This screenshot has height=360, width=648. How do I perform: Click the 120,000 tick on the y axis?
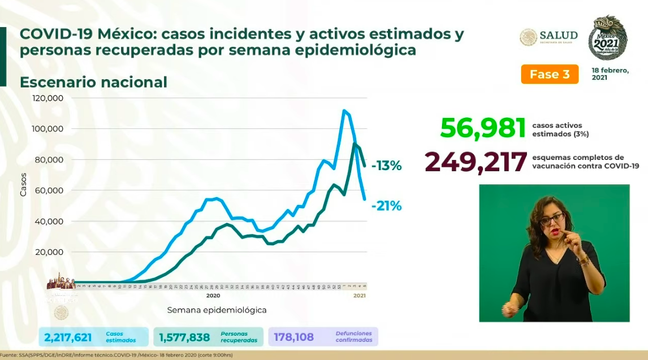click(x=48, y=98)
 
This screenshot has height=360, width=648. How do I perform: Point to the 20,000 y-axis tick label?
click(x=50, y=252)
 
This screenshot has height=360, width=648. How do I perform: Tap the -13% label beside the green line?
click(x=386, y=166)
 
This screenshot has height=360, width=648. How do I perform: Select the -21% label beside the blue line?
click(x=386, y=206)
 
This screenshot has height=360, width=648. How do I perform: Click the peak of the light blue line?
click(x=344, y=110)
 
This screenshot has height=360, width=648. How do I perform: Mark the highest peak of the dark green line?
click(x=355, y=144)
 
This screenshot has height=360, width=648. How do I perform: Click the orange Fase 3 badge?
click(x=550, y=75)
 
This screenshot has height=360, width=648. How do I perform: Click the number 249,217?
click(x=476, y=162)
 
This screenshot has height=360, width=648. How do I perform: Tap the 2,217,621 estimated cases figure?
click(x=67, y=337)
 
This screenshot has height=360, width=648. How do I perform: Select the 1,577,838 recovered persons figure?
click(x=184, y=337)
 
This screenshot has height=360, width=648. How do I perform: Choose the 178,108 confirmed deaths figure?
click(x=295, y=337)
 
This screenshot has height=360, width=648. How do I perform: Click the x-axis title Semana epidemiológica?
click(x=217, y=310)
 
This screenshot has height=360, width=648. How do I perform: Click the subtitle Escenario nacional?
click(x=93, y=83)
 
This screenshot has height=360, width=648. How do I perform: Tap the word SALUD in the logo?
click(x=559, y=34)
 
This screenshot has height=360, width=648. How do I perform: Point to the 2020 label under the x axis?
click(x=213, y=296)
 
